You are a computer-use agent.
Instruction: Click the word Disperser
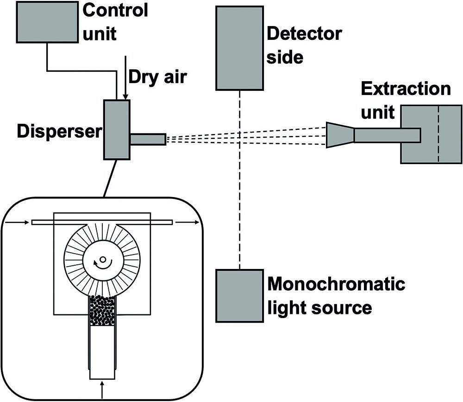click(59, 132)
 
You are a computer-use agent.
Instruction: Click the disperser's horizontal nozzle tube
click(148, 139)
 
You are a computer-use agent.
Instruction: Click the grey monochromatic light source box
click(240, 295)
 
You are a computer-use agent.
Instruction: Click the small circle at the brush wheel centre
click(103, 259)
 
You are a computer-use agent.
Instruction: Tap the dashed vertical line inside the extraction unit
click(438, 134)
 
